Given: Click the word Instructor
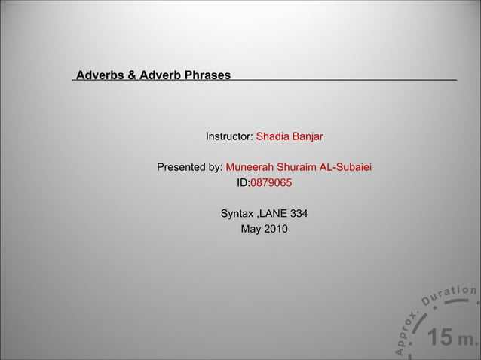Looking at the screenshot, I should (228, 137).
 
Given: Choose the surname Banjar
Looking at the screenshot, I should (308, 137).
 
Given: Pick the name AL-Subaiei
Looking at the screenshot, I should (348, 167).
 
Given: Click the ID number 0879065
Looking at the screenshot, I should (271, 182).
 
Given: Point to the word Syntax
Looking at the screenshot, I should (237, 214).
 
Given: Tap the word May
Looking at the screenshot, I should (250, 229).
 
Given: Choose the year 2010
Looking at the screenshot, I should (275, 229).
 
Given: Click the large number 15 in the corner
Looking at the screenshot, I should (440, 338).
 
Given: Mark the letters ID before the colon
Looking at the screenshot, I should (242, 182).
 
